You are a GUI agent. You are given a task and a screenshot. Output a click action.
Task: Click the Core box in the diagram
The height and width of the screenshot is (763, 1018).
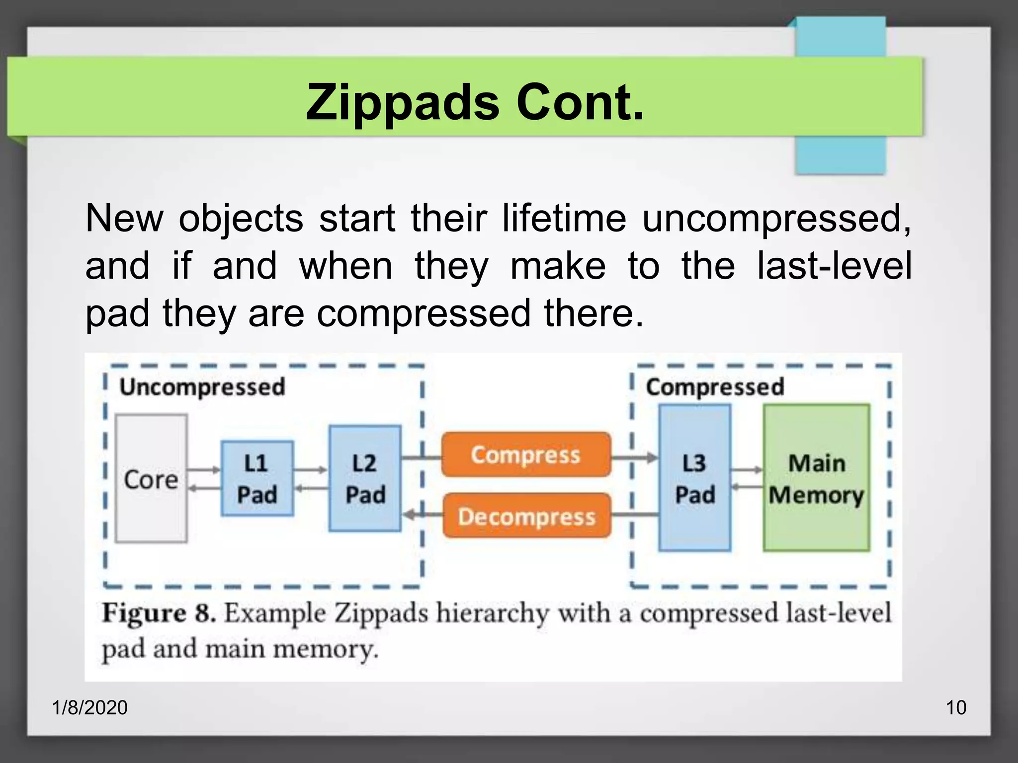(x=151, y=478)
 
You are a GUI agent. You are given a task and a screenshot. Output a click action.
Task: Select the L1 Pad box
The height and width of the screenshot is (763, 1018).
(x=257, y=478)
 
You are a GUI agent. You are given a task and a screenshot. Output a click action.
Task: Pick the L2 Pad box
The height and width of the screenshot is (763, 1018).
(x=365, y=478)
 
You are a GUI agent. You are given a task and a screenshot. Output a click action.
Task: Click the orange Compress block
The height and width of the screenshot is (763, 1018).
(x=526, y=455)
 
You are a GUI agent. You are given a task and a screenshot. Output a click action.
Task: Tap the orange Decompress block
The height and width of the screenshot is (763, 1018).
(x=526, y=516)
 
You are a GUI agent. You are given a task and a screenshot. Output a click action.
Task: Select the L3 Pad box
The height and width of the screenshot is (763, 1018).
(x=694, y=478)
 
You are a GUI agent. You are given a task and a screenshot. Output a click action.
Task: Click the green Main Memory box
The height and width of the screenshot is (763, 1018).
(x=816, y=478)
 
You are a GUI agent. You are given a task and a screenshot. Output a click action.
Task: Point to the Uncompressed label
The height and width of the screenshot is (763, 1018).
(x=202, y=386)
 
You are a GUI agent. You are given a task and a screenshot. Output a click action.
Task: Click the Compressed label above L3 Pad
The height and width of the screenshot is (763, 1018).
(x=715, y=386)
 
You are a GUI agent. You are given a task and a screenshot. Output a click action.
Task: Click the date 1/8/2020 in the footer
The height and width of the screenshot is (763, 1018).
(x=90, y=707)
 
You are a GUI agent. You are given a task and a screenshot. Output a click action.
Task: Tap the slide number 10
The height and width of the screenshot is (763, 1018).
(x=955, y=707)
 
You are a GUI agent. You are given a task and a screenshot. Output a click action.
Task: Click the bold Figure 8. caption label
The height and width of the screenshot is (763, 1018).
(x=159, y=613)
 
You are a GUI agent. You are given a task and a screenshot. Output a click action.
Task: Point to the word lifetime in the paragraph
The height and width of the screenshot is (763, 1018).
(x=564, y=219)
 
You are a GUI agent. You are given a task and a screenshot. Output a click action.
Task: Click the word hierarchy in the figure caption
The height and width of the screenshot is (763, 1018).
(x=493, y=613)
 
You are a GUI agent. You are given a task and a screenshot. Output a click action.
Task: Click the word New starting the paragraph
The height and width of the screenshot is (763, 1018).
(x=124, y=219)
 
